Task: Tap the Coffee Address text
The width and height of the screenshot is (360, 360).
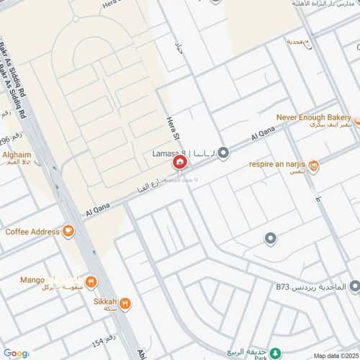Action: coord(32,232)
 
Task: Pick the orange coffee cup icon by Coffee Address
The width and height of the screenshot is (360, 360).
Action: coord(68,232)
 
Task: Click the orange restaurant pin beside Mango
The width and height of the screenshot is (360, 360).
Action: coord(91,282)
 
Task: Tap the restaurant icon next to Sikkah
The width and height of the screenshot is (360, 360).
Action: coord(125,304)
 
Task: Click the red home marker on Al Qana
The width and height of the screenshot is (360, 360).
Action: coord(179,164)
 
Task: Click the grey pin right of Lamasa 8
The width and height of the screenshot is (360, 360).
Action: coord(223,153)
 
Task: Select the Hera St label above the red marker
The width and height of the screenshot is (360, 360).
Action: coord(171,126)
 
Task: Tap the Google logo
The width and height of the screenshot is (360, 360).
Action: coord(15,353)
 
